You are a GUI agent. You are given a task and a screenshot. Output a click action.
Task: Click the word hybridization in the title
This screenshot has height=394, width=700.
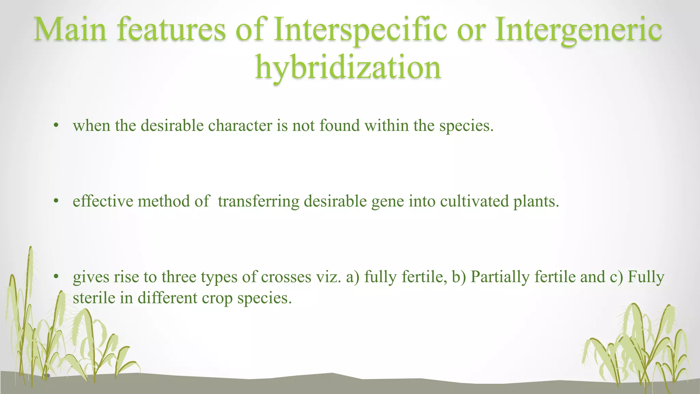point(348,67)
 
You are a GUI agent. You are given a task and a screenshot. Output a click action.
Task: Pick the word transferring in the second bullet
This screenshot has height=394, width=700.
point(258,201)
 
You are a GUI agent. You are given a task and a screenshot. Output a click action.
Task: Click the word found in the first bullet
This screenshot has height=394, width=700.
point(339,126)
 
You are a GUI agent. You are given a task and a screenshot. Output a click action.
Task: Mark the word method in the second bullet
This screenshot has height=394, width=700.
point(164,201)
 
